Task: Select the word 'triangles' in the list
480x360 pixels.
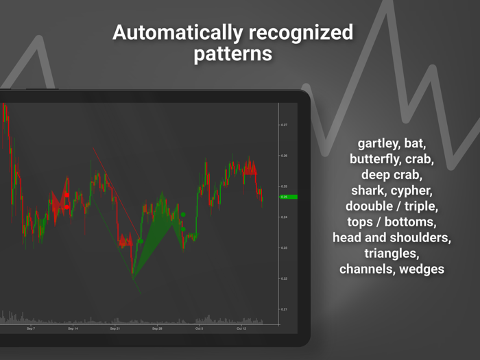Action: pos(392,253)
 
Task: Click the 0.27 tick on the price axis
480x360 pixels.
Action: pos(283,125)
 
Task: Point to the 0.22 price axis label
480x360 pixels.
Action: pos(283,278)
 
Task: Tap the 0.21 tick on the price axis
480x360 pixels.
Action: pos(283,309)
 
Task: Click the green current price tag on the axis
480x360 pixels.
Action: pos(288,197)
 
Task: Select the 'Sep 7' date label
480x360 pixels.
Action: pos(30,328)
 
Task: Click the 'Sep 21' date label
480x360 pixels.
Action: pos(115,328)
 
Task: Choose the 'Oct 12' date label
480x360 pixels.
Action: pos(241,328)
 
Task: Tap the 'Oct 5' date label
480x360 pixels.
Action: pos(199,328)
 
